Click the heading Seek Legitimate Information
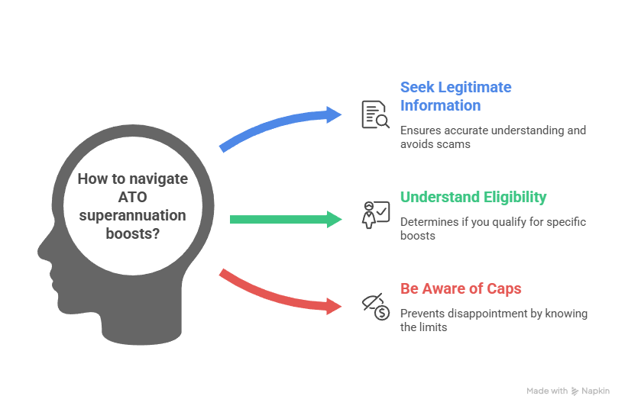point(455,96)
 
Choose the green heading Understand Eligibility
point(473,197)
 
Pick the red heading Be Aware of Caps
point(461,289)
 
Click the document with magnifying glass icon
point(375,114)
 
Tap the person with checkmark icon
point(375,214)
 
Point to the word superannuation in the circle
point(132,216)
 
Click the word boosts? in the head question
point(133,233)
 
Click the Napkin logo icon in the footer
point(575,391)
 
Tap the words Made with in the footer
point(546,391)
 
